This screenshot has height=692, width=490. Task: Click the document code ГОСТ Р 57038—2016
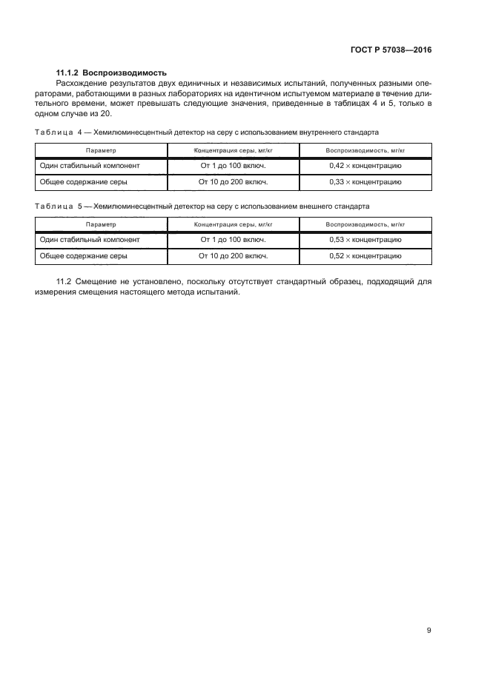390,50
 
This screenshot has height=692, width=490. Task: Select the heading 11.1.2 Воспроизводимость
112,73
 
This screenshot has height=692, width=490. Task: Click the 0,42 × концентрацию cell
365,166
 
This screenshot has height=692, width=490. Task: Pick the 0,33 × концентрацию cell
365,181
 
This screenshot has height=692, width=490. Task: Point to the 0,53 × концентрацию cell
365,240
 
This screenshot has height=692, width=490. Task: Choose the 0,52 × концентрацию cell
365,255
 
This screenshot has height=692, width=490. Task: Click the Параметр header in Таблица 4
101,150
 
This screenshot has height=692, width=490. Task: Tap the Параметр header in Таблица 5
101,224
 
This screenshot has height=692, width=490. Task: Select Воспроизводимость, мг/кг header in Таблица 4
365,150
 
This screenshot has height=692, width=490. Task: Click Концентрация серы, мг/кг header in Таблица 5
234,224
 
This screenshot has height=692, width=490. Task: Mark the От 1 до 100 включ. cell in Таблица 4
234,166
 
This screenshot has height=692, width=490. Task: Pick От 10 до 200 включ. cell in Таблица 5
234,255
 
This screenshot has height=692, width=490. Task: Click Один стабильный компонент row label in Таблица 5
90,240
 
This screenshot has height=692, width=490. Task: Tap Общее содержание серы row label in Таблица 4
84,181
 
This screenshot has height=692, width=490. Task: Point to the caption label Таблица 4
62,132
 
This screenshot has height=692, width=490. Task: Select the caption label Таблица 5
62,206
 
